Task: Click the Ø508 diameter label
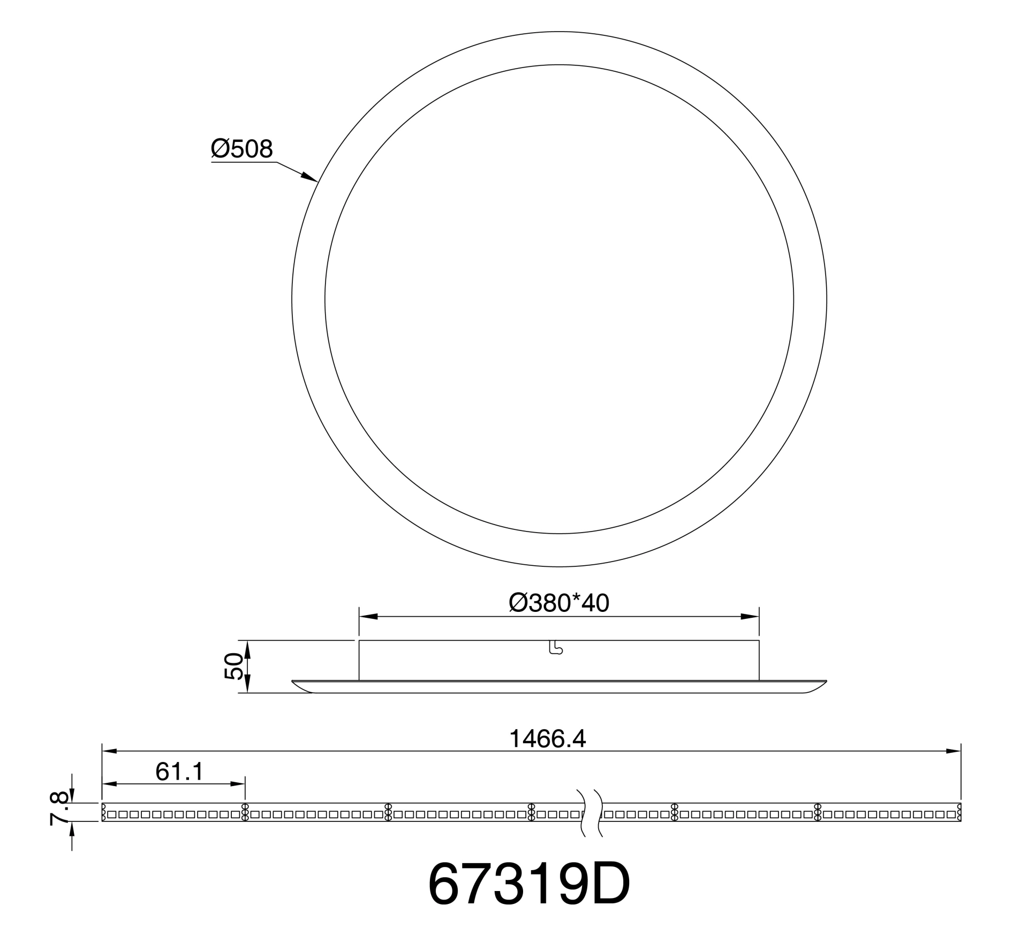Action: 242,149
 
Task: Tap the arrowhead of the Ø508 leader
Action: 310,177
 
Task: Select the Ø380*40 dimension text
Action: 558,603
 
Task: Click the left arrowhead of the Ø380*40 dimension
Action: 368,617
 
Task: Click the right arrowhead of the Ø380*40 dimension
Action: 750,617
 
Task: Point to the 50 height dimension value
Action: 234,667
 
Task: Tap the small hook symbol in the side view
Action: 556,648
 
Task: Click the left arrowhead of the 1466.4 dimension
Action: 111,751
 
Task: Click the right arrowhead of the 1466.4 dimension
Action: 952,751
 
